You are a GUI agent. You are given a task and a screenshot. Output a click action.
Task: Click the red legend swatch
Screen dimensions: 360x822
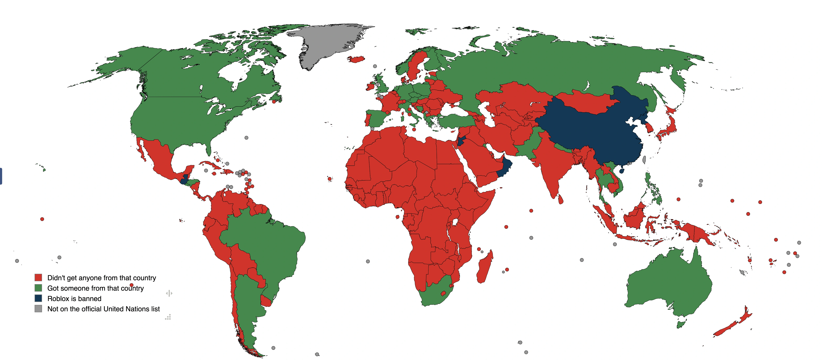38,277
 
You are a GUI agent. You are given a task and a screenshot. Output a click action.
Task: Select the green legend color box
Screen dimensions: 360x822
38,288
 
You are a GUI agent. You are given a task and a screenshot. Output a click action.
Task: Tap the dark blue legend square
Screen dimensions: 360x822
38,298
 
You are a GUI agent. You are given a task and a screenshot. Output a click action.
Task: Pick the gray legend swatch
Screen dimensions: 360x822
38,309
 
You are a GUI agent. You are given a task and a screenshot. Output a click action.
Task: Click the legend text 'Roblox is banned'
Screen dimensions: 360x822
74,298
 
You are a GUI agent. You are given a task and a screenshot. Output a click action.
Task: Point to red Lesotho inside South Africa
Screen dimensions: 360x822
443,293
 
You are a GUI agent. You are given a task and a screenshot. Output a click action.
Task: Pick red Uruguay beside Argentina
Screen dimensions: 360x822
266,301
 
